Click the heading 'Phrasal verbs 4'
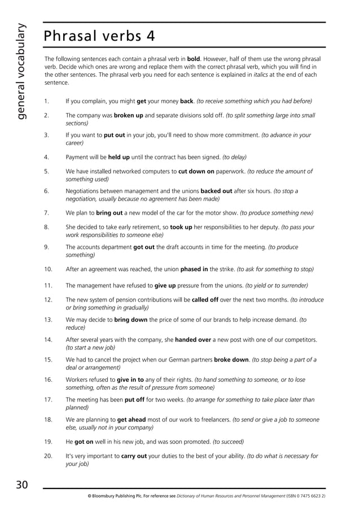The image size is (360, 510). point(99,36)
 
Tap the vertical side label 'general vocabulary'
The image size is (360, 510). point(21,71)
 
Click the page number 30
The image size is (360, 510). point(22,485)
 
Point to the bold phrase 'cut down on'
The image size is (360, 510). point(196,171)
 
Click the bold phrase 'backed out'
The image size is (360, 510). point(217,191)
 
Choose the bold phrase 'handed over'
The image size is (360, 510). point(194,340)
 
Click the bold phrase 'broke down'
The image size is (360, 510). point(231,360)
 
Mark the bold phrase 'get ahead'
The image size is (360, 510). point(133,420)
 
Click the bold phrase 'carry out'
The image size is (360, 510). point(134,456)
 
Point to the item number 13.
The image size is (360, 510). point(48,320)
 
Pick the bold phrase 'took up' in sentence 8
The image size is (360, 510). point(182,227)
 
